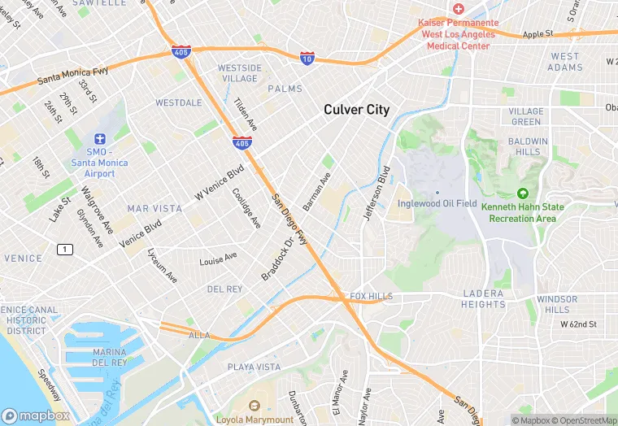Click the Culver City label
coord(356,110)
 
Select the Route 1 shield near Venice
coord(64,249)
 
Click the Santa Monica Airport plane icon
coord(100,140)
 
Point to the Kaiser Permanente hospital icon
coord(459,9)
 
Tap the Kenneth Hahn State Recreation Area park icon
coord(523,193)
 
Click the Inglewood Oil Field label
coord(437,203)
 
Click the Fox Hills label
coord(371,297)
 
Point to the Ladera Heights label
coord(483,298)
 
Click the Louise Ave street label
coord(218,259)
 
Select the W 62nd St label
coord(578,324)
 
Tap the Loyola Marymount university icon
coord(254,406)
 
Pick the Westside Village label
coord(239,73)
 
